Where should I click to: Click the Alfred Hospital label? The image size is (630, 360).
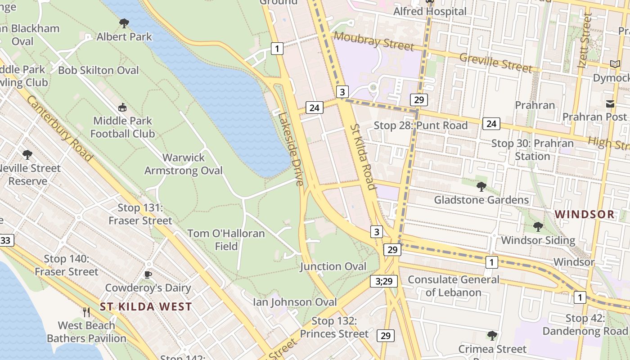(x=430, y=12)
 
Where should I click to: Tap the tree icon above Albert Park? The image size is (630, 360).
(x=124, y=23)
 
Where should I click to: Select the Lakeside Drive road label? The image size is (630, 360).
(x=291, y=149)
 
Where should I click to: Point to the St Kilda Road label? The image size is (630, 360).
(x=363, y=157)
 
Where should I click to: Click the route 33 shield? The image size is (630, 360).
(x=5, y=240)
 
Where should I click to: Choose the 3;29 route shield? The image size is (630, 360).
(x=384, y=281)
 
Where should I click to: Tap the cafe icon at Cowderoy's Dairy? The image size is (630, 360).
(x=148, y=274)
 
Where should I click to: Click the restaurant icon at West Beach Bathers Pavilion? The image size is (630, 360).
(x=86, y=312)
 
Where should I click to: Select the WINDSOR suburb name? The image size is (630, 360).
(x=585, y=214)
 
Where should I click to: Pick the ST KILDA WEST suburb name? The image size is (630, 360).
(x=146, y=307)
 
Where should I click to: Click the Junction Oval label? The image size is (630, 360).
(x=333, y=266)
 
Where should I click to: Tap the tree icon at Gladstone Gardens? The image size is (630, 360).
(x=481, y=186)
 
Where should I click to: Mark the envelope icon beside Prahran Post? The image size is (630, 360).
(x=610, y=104)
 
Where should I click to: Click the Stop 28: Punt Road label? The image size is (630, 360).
(x=421, y=126)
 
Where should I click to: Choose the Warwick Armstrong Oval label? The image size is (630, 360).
(x=184, y=164)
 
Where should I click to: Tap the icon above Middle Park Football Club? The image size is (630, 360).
(x=122, y=108)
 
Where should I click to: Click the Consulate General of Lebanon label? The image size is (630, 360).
(x=453, y=286)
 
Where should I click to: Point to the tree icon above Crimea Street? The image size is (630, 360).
(x=492, y=335)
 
